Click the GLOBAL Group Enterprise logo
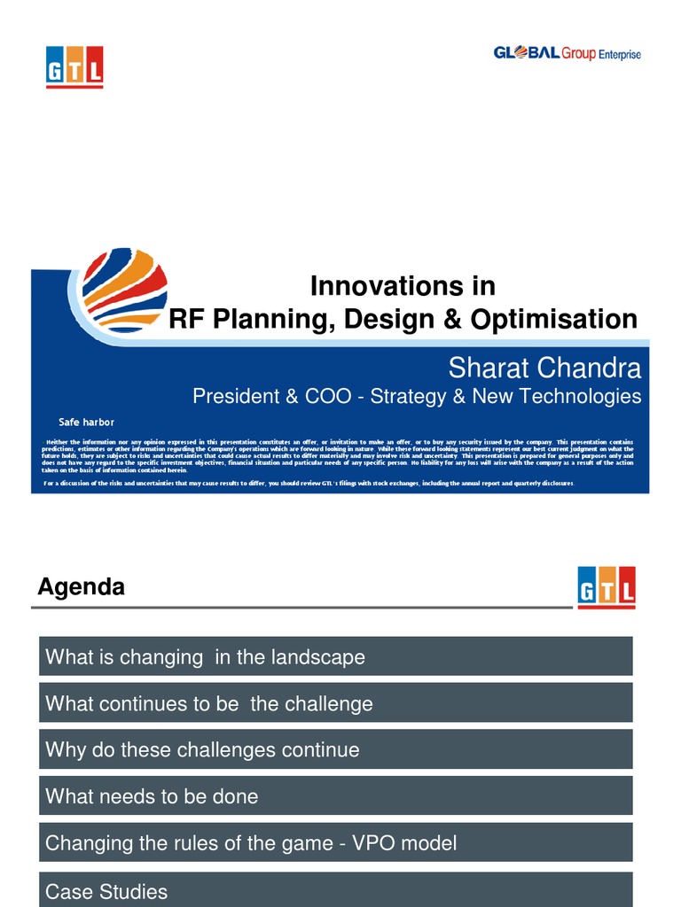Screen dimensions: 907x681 point(567,54)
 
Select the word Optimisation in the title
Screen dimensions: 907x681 point(553,320)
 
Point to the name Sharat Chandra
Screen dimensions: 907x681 point(544,367)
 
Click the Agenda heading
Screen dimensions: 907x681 point(82,586)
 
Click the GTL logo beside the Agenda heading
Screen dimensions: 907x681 point(606,587)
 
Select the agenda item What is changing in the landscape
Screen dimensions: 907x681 point(335,656)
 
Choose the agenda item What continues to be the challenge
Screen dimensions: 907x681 point(335,703)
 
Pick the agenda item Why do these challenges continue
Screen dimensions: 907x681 point(335,749)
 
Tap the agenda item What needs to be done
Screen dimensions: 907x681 point(335,796)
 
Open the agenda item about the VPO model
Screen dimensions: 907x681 point(335,842)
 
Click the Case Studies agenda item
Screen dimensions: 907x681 point(335,889)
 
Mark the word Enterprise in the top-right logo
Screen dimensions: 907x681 point(619,55)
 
